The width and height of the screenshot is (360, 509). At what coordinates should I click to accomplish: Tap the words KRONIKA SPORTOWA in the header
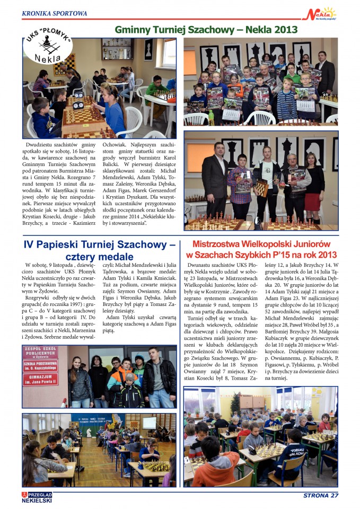coord(55,13)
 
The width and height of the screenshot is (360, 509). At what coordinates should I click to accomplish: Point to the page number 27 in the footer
coord(332,496)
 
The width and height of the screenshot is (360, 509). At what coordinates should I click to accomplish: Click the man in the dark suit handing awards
coord(215,178)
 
